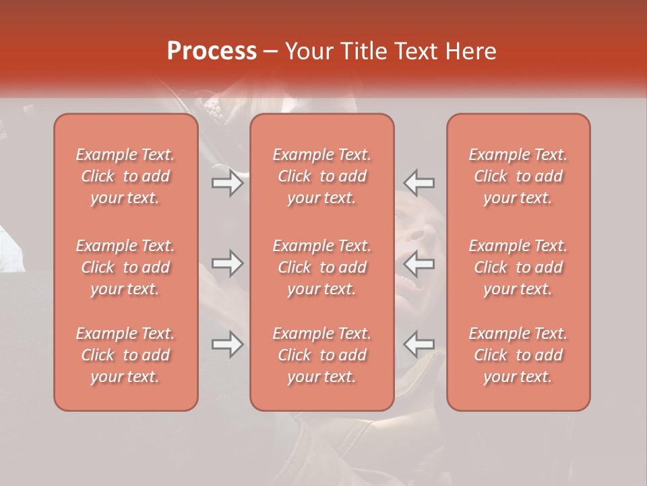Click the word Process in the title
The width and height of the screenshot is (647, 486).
pos(212,51)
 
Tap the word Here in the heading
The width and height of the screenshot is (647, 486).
pos(472,51)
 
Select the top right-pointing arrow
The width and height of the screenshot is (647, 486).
pos(228,182)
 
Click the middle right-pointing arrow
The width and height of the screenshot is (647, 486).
pos(228,263)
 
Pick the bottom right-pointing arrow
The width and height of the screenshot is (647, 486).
pos(228,344)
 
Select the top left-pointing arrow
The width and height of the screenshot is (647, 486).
pos(419,182)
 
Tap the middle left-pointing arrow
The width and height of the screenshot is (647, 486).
pos(419,263)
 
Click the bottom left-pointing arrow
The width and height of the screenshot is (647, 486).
pos(419,344)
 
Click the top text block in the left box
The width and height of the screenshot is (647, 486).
pos(125,176)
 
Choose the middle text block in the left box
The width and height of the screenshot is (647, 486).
pos(125,267)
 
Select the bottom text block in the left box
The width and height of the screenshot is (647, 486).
pos(125,355)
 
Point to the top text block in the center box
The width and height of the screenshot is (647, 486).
pos(321,176)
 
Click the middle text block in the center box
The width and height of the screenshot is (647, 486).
pos(321,267)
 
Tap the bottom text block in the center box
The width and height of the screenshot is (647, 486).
pos(321,355)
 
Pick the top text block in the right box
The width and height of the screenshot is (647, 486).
pos(518,176)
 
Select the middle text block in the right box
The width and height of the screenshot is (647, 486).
pos(518,267)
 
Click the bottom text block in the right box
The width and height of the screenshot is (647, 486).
pos(518,355)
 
